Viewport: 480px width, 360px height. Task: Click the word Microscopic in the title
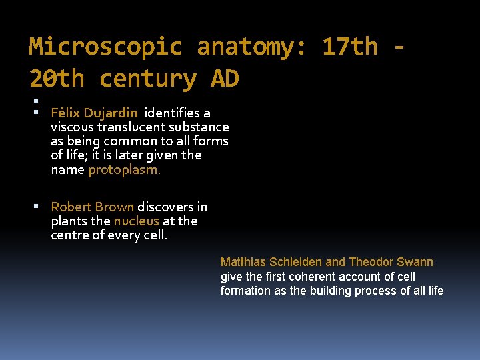pyautogui.click(x=105, y=47)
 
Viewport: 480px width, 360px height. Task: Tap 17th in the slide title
pyautogui.click(x=349, y=47)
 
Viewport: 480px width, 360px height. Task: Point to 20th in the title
pyautogui.click(x=57, y=79)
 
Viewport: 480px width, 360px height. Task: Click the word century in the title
pyautogui.click(x=147, y=79)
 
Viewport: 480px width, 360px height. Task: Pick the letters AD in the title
pyautogui.click(x=225, y=79)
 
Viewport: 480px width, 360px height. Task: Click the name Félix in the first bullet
pyautogui.click(x=65, y=113)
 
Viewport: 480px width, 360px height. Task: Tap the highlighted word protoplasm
pyautogui.click(x=125, y=169)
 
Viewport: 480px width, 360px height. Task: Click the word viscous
pyautogui.click(x=72, y=127)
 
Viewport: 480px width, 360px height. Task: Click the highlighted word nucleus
pyautogui.click(x=137, y=221)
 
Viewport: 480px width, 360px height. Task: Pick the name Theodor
pyautogui.click(x=371, y=262)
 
